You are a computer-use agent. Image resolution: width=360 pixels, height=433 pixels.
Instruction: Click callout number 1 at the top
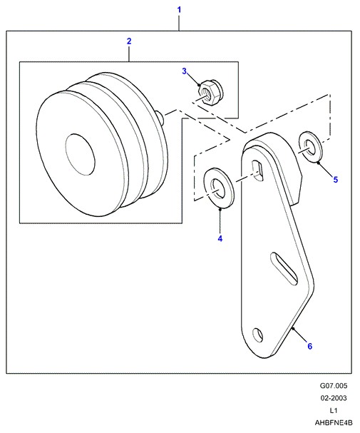[179, 10]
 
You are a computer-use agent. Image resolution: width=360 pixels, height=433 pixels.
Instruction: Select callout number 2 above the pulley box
[129, 41]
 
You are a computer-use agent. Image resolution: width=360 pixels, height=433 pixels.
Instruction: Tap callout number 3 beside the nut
[185, 71]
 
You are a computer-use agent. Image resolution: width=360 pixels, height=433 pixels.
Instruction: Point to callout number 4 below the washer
[220, 238]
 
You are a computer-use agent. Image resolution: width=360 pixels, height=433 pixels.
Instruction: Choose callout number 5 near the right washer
[336, 180]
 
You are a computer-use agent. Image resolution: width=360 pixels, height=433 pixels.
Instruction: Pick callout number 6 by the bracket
[310, 346]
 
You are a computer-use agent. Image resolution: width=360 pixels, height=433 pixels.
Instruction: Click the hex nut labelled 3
[210, 92]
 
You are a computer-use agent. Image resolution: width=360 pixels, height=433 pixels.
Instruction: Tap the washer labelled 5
[309, 147]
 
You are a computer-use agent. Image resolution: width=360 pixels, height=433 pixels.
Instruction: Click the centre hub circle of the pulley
[81, 155]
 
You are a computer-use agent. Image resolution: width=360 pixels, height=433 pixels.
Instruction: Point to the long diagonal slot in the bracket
[284, 268]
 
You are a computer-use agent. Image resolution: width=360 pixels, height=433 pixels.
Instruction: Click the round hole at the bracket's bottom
[258, 335]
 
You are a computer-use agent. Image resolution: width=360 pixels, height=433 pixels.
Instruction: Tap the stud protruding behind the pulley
[160, 118]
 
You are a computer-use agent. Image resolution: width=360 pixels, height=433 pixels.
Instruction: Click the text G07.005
[334, 385]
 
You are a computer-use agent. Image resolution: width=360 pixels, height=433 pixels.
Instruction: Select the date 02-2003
[334, 398]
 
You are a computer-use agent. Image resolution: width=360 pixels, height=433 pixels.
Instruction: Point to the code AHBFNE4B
[334, 422]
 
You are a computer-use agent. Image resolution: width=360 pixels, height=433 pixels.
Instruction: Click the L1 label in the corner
[334, 410]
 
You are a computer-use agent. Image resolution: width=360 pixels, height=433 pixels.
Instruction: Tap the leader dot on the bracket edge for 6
[293, 328]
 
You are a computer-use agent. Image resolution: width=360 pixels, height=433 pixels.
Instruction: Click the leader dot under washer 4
[220, 210]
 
